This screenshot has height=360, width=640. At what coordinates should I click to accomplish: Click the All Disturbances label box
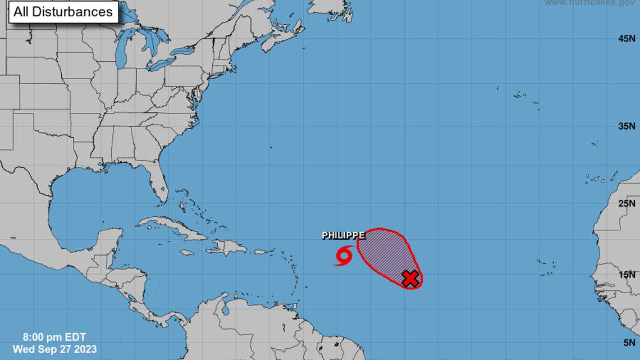pyautogui.click(x=63, y=12)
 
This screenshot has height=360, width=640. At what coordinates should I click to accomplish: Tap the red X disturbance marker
pyautogui.click(x=411, y=278)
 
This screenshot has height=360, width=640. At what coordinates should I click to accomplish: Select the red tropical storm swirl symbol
pyautogui.click(x=343, y=256)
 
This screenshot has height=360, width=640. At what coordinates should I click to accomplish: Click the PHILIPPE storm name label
pyautogui.click(x=344, y=236)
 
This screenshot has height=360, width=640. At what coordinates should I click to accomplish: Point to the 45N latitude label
pyautogui.click(x=627, y=39)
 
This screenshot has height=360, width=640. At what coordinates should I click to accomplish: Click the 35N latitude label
pyautogui.click(x=627, y=126)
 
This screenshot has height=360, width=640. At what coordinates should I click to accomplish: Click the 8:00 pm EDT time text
pyautogui.click(x=54, y=338)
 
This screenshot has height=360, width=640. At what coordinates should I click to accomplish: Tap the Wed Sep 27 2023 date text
pyautogui.click(x=54, y=349)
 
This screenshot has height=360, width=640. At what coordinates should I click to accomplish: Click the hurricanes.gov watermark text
pyautogui.click(x=592, y=3)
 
